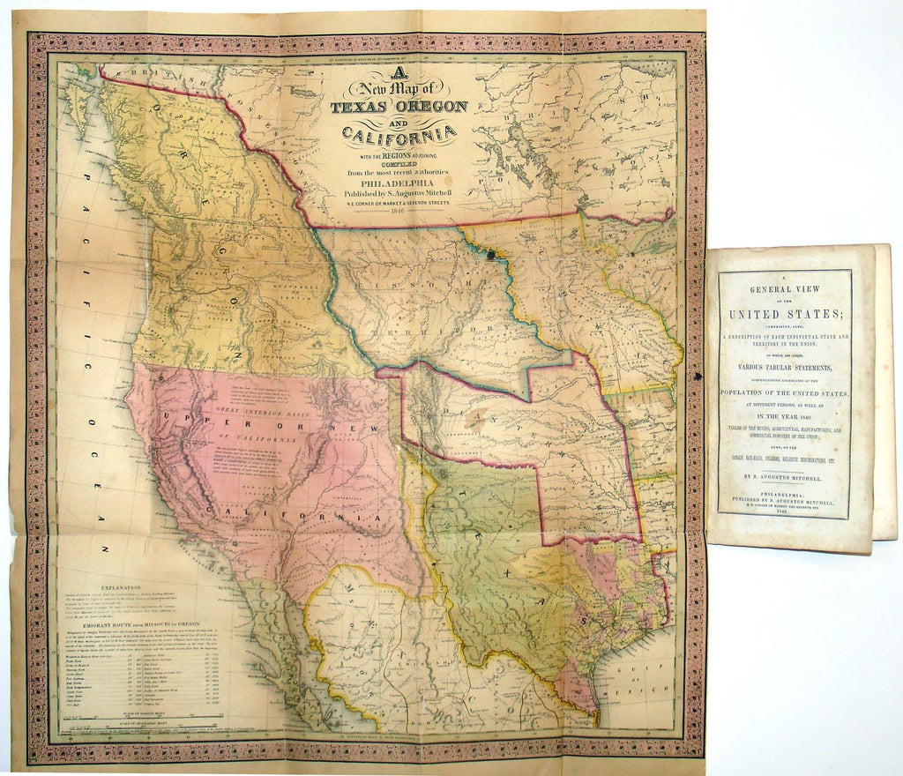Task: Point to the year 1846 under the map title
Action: [x=389, y=213]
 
